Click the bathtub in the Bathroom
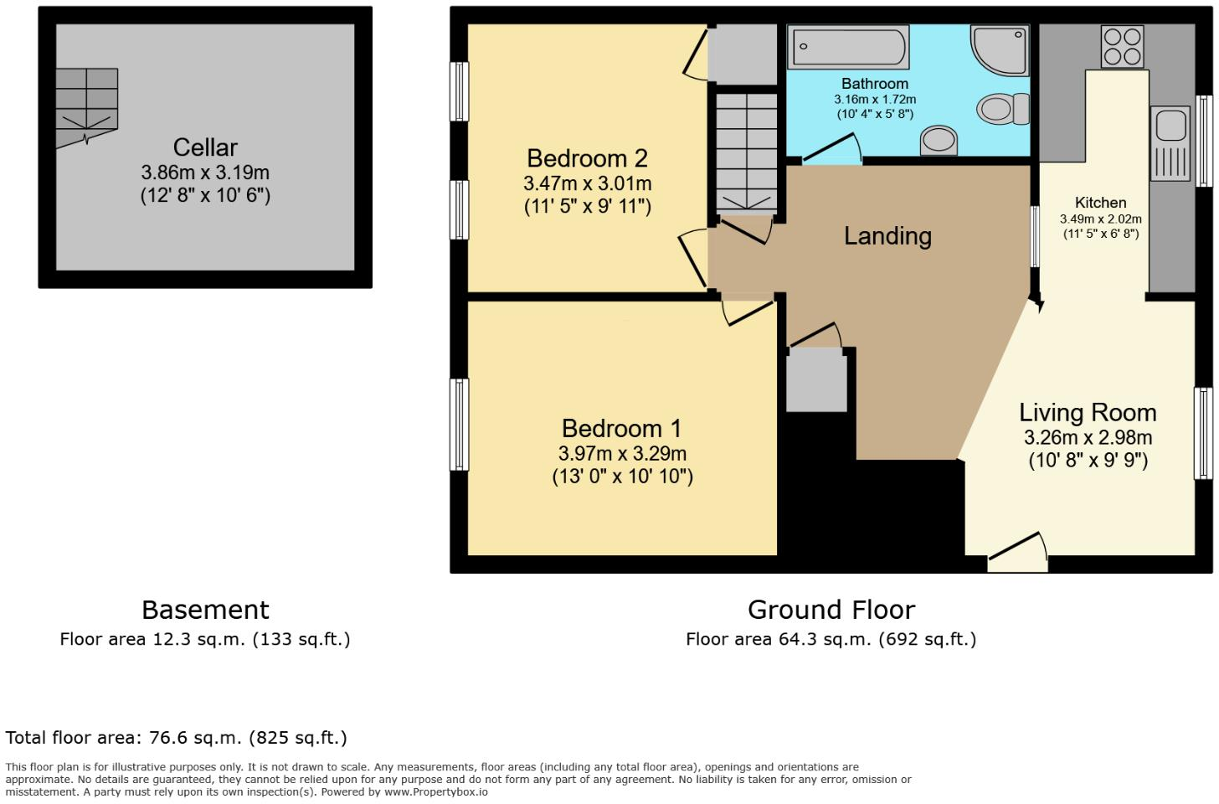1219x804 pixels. click(848, 47)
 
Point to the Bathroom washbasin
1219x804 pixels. click(939, 141)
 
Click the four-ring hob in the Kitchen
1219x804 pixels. click(1122, 47)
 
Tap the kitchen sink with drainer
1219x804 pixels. click(1170, 142)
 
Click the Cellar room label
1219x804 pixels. click(205, 147)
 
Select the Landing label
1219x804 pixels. click(887, 236)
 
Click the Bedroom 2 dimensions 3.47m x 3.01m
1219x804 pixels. click(587, 183)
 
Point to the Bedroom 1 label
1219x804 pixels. click(621, 429)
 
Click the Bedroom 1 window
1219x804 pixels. click(460, 424)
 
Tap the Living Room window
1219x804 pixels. click(1203, 432)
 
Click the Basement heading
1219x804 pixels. click(205, 610)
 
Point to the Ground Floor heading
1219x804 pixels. click(831, 610)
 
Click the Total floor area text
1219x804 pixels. click(176, 738)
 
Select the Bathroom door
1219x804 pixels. click(831, 151)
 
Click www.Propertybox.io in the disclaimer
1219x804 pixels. click(435, 791)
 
